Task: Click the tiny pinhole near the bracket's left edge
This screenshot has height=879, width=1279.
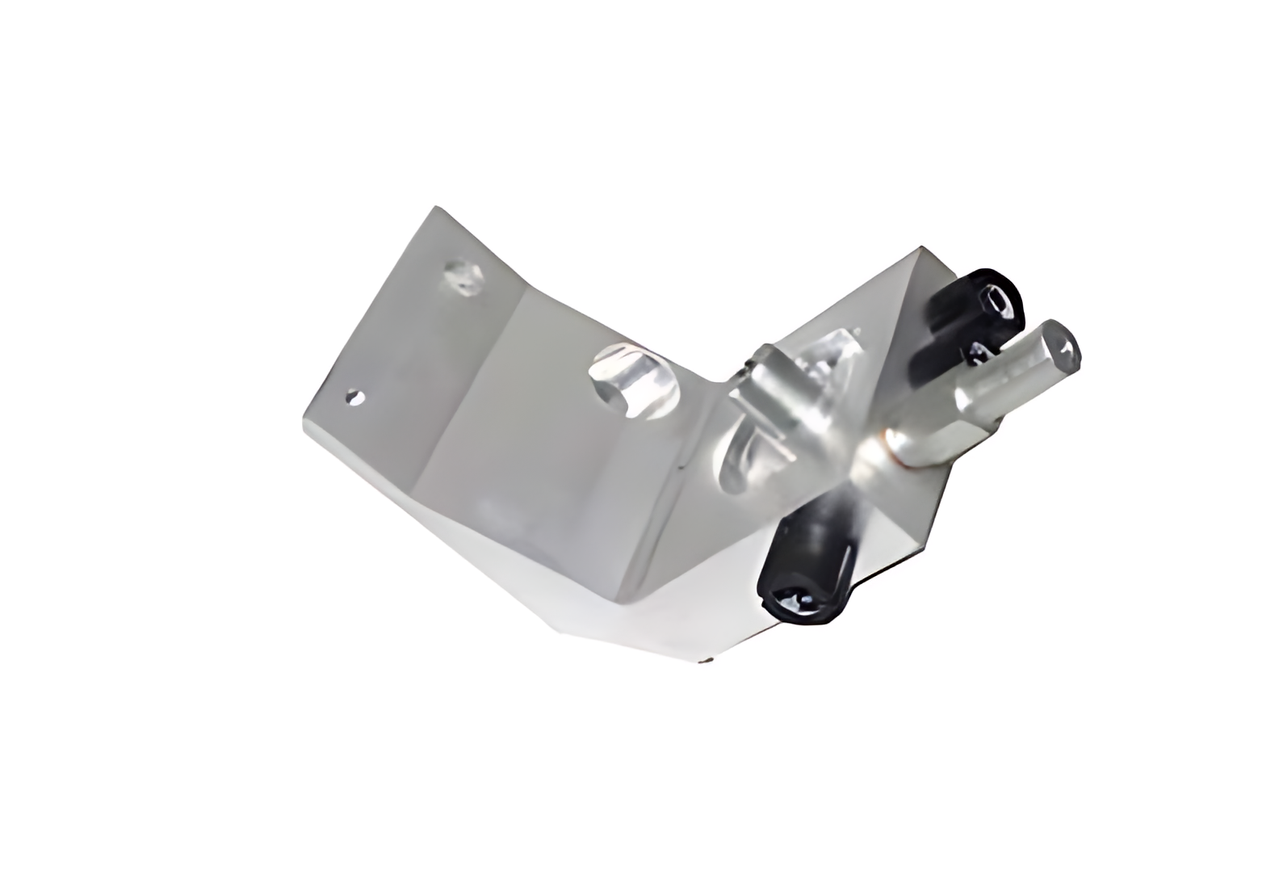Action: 353,396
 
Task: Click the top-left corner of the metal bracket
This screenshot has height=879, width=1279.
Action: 435,208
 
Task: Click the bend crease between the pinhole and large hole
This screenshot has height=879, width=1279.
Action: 476,380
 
